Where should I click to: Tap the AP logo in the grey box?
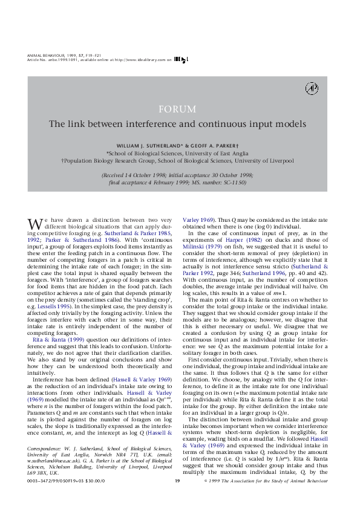pyautogui.click(x=312, y=88)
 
